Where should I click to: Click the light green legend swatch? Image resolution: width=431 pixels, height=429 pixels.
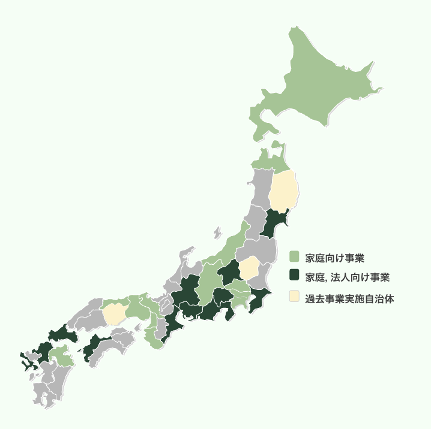point(294,257)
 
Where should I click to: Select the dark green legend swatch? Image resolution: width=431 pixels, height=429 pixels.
point(294,276)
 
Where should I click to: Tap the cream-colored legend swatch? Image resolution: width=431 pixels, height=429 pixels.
point(294,297)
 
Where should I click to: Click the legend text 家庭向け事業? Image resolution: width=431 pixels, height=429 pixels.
point(334,258)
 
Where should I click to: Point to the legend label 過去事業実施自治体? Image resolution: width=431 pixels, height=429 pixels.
point(349,298)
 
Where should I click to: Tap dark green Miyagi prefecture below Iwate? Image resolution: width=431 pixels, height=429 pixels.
point(274,224)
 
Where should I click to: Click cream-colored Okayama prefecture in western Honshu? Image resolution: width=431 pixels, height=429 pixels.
point(113,313)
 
